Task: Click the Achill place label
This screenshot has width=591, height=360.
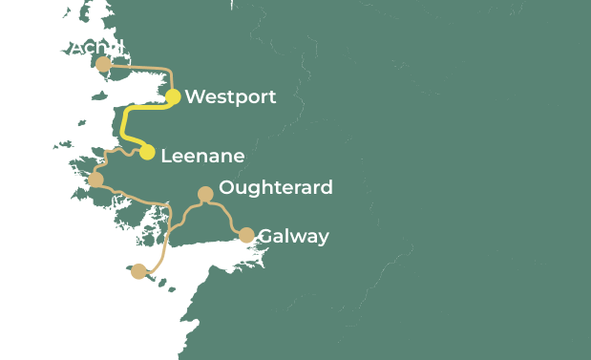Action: (96, 47)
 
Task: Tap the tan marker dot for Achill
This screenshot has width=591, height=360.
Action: (103, 64)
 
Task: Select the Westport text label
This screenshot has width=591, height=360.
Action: (230, 96)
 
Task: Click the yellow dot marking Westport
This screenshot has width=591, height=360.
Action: (173, 96)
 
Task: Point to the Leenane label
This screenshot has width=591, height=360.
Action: (202, 156)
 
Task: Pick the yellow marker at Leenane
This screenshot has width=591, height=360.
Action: (147, 152)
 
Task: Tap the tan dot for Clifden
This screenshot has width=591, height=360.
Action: (95, 180)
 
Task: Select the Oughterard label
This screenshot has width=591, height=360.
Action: (276, 187)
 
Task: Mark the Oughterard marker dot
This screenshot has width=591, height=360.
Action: (204, 194)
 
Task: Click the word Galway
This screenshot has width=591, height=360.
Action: (293, 236)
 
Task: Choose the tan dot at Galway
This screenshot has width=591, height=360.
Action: (246, 235)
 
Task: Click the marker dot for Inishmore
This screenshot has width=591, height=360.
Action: (139, 271)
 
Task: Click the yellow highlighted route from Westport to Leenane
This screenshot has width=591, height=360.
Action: (125, 124)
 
